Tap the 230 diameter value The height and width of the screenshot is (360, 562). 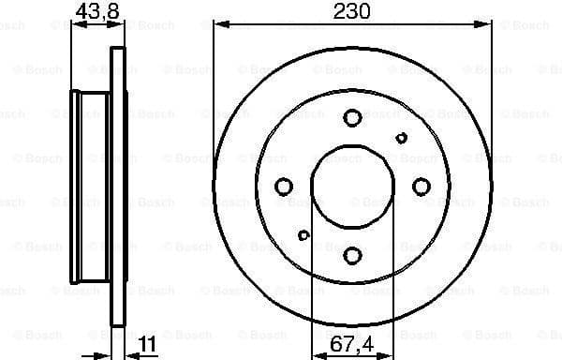(x=352, y=11)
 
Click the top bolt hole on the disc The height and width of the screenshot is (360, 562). (x=352, y=117)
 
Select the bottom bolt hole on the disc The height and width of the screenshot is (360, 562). (x=352, y=254)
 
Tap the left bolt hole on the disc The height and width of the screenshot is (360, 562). (x=284, y=187)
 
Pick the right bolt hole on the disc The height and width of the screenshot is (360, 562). (x=421, y=186)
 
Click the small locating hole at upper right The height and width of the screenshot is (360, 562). (x=401, y=138)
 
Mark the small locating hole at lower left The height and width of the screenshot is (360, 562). (x=303, y=235)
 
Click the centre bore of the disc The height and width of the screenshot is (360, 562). (x=352, y=186)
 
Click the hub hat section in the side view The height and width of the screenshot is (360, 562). (x=91, y=187)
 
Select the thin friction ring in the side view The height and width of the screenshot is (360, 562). (x=117, y=187)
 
